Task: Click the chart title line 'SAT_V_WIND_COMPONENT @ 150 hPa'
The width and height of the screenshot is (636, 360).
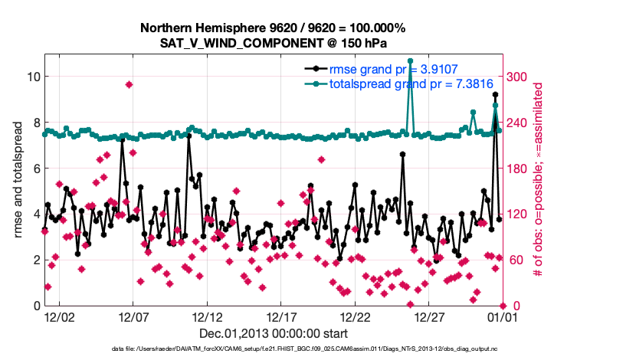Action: [272, 43]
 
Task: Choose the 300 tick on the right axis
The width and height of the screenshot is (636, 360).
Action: [517, 77]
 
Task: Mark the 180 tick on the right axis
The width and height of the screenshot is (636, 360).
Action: [517, 169]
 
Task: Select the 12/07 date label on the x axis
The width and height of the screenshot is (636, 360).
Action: [133, 316]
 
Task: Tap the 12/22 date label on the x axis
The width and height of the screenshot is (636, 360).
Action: [356, 316]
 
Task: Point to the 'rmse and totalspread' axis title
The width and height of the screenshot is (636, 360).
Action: [17, 180]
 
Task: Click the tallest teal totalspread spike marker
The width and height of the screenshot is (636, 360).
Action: [411, 61]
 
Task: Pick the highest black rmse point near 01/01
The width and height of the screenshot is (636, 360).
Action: [496, 95]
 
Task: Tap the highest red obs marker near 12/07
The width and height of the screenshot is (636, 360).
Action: [129, 84]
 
